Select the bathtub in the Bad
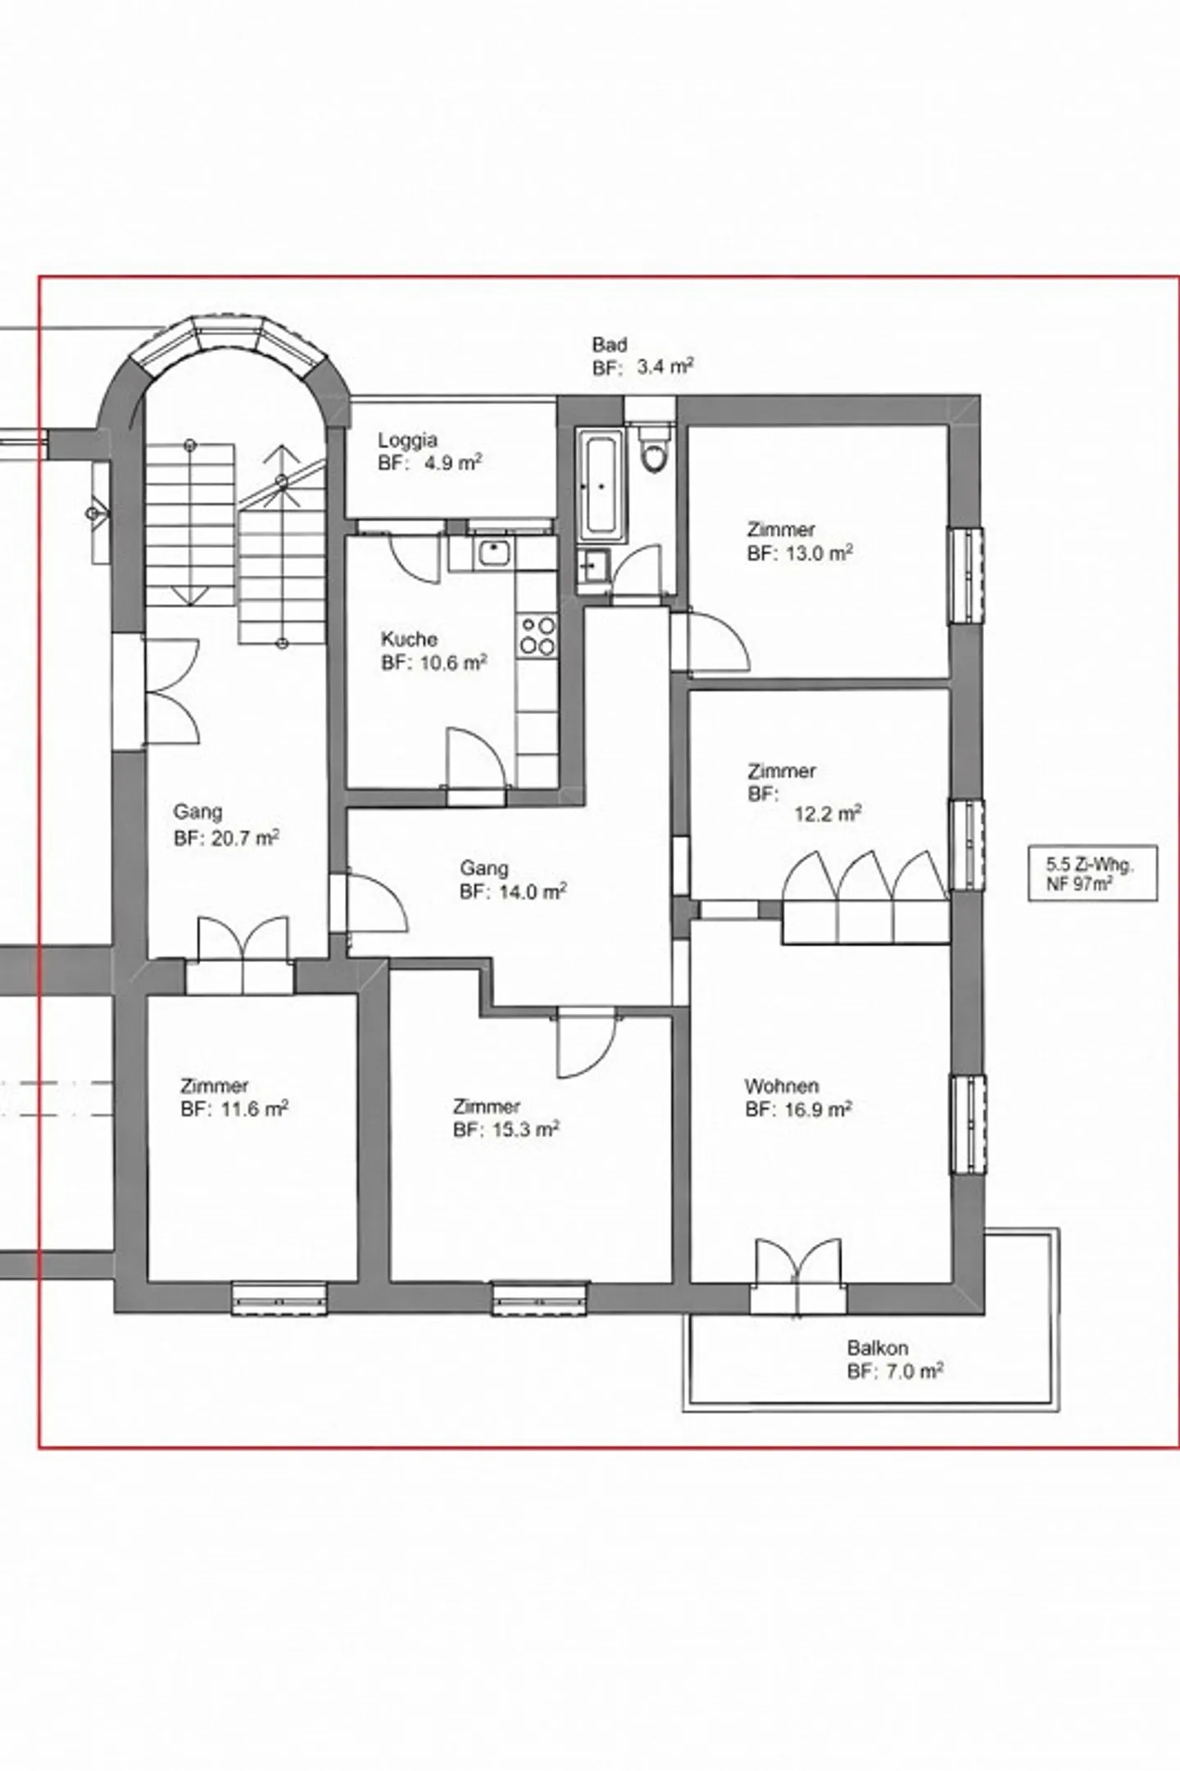coord(602,488)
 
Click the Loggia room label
coord(407,441)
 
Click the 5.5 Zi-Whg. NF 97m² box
coord(1092,874)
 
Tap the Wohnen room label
coord(781,1086)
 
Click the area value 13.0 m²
coord(820,553)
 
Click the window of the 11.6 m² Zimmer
coord(279,1545)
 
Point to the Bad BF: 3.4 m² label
coord(642,356)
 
